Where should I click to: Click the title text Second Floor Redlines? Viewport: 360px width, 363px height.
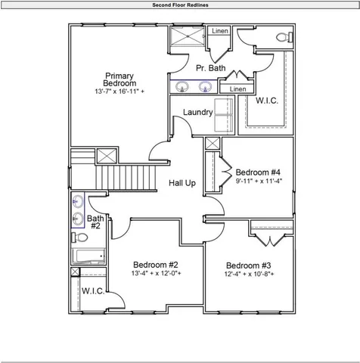click(x=180, y=5)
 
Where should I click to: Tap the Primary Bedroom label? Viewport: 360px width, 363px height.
click(x=119, y=79)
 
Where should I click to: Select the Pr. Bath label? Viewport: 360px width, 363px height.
click(x=210, y=69)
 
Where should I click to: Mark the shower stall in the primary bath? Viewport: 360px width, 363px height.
click(x=187, y=39)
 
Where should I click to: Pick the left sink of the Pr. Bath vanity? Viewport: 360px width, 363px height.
click(x=182, y=87)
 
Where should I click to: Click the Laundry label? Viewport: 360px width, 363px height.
click(x=197, y=113)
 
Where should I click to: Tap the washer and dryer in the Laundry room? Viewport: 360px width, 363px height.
click(x=225, y=116)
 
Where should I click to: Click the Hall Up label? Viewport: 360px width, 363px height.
click(x=182, y=183)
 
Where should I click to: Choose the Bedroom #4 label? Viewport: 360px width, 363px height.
click(x=258, y=172)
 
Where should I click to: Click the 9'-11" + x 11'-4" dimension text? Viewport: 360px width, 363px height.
click(x=258, y=181)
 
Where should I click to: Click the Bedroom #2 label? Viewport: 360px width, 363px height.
click(x=154, y=265)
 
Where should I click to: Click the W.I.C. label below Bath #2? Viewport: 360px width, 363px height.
click(x=92, y=290)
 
